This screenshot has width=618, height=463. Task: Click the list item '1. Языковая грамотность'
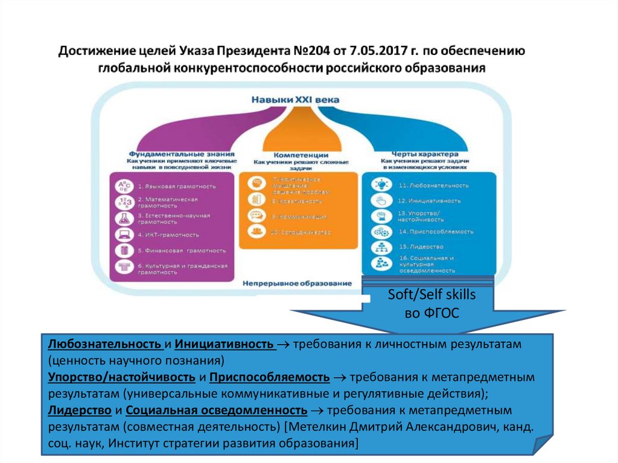[x=176, y=187]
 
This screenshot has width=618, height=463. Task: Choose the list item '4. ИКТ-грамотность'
[x=168, y=234]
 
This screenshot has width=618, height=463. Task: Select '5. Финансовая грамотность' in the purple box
[x=182, y=251]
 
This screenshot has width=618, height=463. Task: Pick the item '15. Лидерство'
[x=421, y=247]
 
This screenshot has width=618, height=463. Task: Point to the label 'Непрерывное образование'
[x=297, y=283]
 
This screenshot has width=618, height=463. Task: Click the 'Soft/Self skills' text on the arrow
[x=431, y=295]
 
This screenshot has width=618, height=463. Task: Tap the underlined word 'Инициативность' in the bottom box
[x=224, y=344]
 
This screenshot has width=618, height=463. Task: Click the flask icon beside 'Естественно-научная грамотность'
[x=123, y=218]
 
